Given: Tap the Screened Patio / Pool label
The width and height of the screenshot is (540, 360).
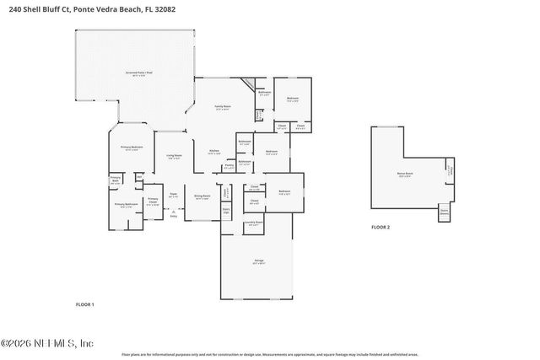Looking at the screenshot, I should [x=138, y=73].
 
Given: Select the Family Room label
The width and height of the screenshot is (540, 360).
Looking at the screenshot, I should [x=223, y=108].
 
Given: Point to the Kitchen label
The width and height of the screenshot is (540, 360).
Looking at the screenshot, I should [x=214, y=153].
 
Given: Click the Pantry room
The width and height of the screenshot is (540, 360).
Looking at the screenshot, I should [x=229, y=167].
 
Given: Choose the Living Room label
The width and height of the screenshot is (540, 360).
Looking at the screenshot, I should [x=174, y=157].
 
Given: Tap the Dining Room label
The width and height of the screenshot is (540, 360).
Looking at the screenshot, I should [x=202, y=196].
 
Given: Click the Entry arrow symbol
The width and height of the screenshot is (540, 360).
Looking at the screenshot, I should [x=174, y=212].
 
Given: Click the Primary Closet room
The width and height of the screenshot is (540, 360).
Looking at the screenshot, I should [x=152, y=201].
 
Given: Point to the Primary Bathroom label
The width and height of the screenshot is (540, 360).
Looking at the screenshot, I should [x=125, y=204].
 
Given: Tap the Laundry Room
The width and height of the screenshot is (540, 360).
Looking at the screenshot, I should [x=253, y=223].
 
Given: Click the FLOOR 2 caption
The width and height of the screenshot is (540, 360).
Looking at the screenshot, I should [x=382, y=228].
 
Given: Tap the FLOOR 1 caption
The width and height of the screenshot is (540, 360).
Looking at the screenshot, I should [x=85, y=304].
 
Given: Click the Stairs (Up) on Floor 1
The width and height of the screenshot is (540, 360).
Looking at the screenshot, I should [x=226, y=210].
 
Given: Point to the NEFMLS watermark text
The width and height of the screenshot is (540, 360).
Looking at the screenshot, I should [x=47, y=343].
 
